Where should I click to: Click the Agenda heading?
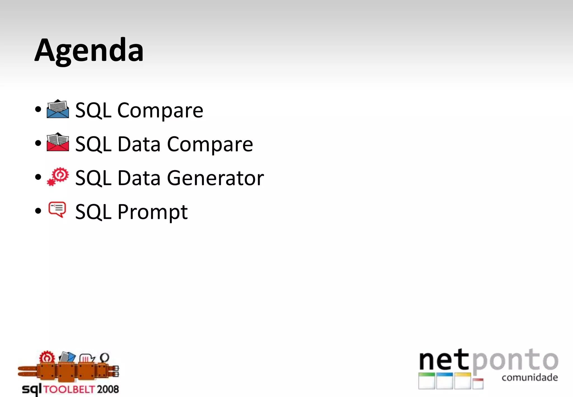click(x=89, y=51)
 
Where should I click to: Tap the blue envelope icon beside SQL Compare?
click(x=58, y=109)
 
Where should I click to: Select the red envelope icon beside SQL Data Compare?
click(x=58, y=142)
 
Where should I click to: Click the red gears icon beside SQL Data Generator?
click(x=58, y=177)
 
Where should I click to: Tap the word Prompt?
click(x=152, y=212)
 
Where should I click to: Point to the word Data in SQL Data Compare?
click(x=139, y=144)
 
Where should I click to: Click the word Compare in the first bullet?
click(x=160, y=111)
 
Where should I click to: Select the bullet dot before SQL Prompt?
click(x=38, y=211)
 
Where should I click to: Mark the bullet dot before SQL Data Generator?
click(x=38, y=177)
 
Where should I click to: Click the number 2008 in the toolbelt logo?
click(x=108, y=389)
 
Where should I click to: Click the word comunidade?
click(x=530, y=377)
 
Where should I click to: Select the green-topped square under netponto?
click(x=427, y=381)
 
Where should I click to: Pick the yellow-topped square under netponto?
click(x=462, y=381)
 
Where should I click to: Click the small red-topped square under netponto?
click(x=478, y=383)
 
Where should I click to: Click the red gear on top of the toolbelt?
click(x=47, y=357)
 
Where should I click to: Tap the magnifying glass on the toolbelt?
click(x=104, y=358)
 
